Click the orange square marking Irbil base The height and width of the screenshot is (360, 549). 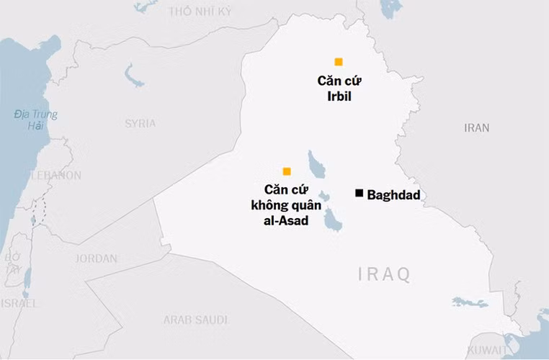click(338, 62)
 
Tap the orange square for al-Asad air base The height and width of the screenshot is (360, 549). click(287, 171)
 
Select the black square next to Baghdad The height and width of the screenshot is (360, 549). click(359, 193)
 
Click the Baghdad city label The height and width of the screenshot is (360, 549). click(393, 194)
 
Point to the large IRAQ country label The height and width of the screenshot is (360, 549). click(385, 274)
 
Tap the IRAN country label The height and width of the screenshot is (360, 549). click(476, 127)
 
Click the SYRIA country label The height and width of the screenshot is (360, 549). click(140, 123)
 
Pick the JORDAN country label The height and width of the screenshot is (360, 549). click(97, 258)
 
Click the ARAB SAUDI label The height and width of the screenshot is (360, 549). click(195, 319)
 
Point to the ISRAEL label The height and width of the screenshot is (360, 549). click(19, 303)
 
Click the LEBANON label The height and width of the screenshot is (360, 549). click(55, 175)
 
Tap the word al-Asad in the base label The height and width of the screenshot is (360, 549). click(286, 221)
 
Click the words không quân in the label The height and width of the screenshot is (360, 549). click(287, 205)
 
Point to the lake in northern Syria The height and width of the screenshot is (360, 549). click(133, 73)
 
